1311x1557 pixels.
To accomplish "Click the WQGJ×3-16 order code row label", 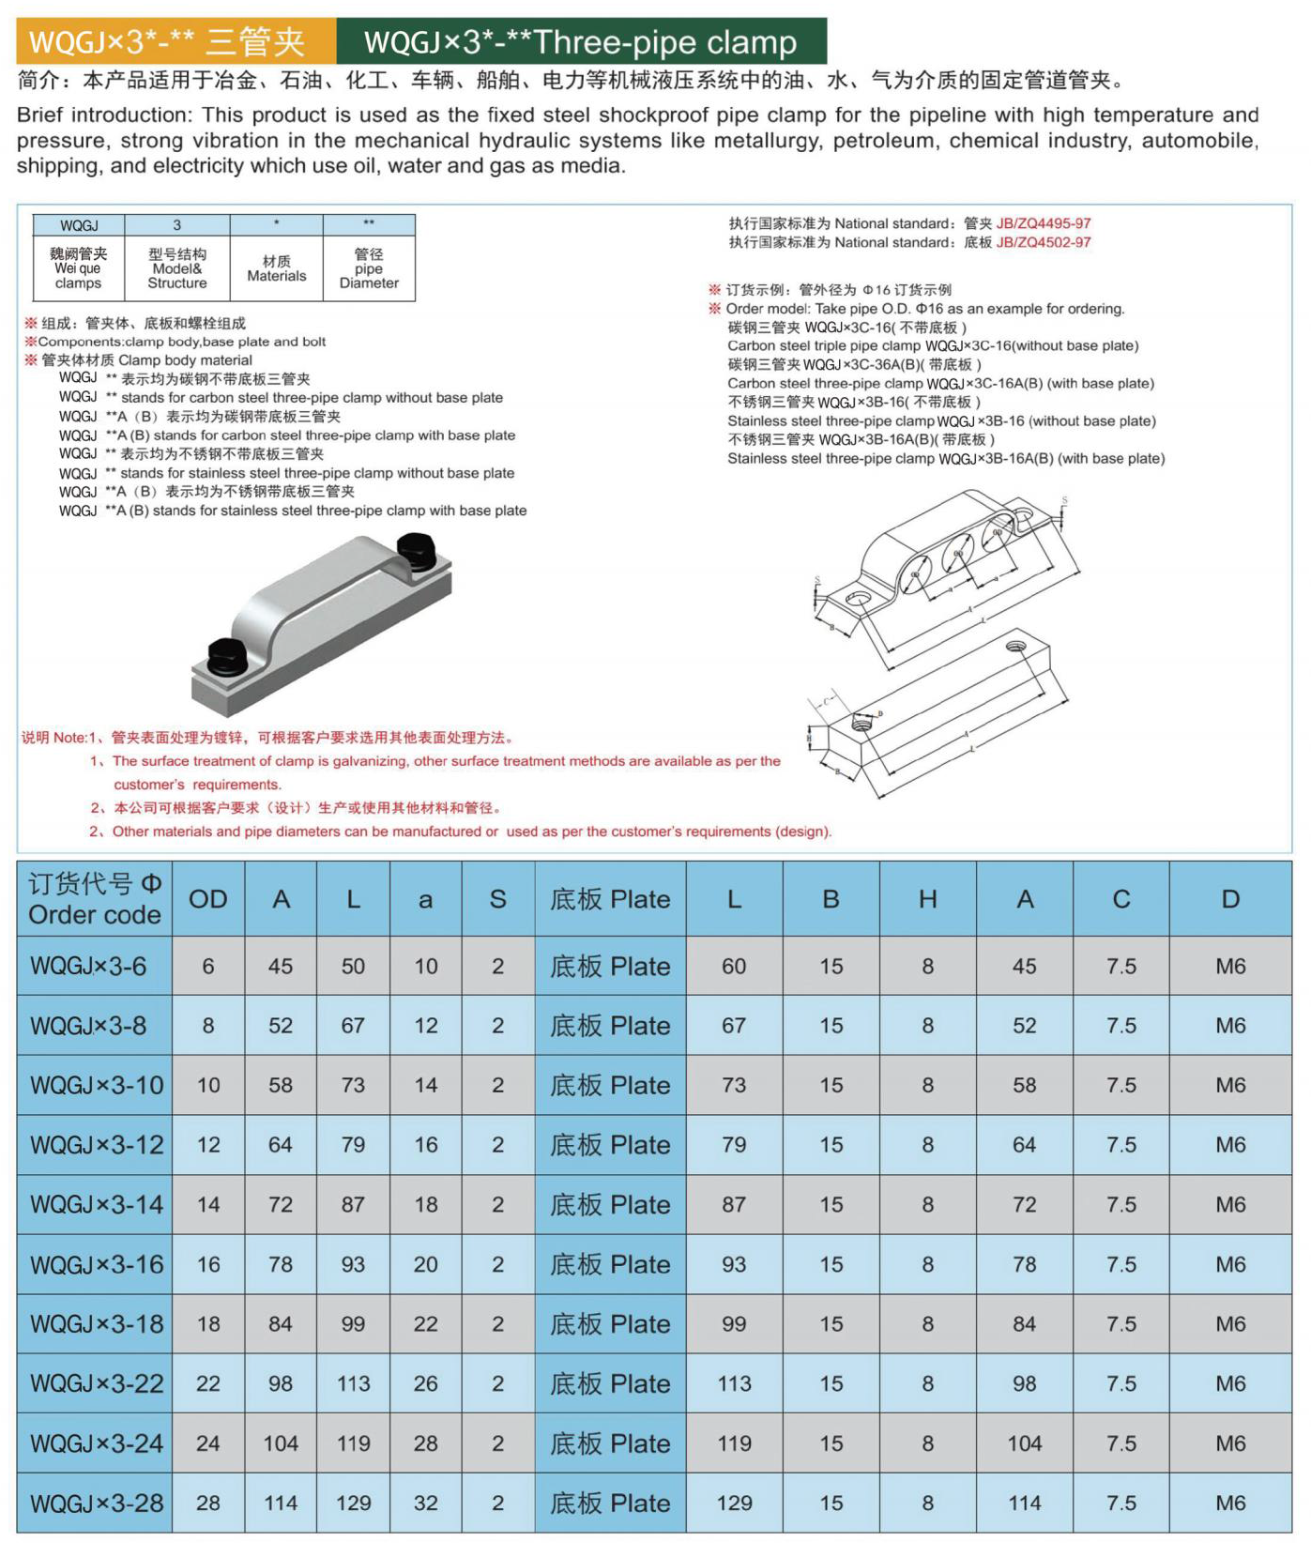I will coord(96,1264).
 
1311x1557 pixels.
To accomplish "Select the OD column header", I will coord(207,899).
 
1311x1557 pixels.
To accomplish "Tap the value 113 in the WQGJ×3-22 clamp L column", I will coord(353,1383).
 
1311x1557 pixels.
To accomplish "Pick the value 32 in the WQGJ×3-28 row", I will coord(425,1503).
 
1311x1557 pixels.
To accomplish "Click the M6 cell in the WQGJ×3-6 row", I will coord(1229,966).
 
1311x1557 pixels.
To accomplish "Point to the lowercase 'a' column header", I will coord(425,899).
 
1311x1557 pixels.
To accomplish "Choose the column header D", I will coord(1229,899).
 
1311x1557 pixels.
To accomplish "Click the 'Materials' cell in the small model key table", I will coord(276,268).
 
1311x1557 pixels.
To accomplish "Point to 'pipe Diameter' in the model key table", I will coord(369,268).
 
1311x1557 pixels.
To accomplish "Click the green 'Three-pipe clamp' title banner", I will coord(581,42).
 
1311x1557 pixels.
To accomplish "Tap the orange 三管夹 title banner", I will coord(175,42).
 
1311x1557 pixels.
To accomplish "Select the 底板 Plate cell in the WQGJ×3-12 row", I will coord(610,1145).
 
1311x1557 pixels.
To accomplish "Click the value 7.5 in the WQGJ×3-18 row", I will coord(1120,1323).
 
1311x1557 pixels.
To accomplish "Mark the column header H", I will coord(927,899).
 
